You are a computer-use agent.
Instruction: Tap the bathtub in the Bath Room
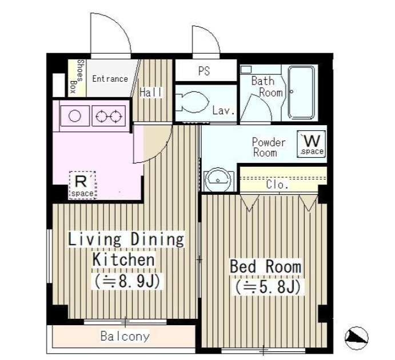[x=301, y=93]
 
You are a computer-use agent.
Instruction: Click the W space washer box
[x=312, y=144]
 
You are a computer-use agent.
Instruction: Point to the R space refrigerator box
[x=82, y=185]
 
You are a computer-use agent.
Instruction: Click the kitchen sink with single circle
[x=75, y=116]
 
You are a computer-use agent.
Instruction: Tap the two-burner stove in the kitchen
[x=109, y=116]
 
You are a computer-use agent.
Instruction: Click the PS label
[x=204, y=71]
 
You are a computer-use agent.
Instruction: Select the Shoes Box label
[x=77, y=76]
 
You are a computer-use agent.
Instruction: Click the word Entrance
[x=110, y=79]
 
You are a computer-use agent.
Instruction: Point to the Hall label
[x=151, y=93]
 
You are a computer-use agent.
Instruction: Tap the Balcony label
[x=125, y=337]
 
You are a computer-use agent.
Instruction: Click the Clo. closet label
[x=277, y=185]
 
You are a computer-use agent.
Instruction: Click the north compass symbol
[x=356, y=338]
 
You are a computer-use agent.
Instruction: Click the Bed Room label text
[x=265, y=266]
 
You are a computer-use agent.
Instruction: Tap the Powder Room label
[x=269, y=147]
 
